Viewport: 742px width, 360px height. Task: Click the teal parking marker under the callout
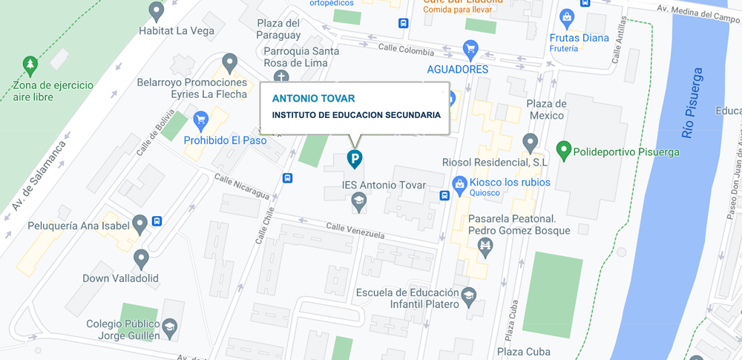point(355,158)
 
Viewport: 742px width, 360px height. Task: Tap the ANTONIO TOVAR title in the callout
point(313,98)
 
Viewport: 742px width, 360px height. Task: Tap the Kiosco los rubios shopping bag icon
point(459,182)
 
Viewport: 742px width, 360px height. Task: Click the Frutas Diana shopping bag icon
point(567,17)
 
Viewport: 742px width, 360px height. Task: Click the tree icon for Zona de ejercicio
point(30,65)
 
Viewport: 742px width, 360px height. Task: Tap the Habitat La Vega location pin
point(156,10)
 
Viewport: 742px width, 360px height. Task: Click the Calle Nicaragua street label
point(242,186)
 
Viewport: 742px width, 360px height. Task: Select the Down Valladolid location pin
point(141,258)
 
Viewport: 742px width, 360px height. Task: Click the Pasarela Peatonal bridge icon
point(486,246)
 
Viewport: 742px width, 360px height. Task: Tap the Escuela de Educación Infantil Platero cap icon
point(469,296)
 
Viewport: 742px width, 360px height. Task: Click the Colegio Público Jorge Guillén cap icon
point(170,328)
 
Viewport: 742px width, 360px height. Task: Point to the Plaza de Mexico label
point(546,109)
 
